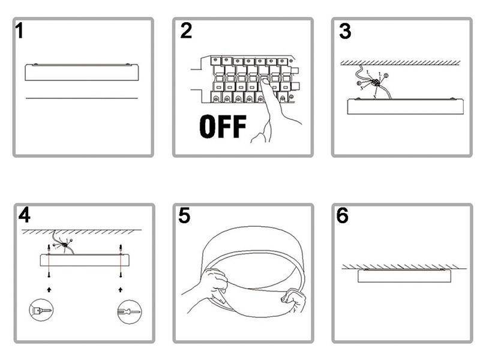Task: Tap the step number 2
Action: pos(186,30)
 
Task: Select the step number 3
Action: pos(345,31)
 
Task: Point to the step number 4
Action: pos(25,214)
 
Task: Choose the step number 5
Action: pos(184,215)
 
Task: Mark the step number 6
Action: pos(343,215)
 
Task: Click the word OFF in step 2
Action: pos(223,126)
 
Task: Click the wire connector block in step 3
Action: pos(375,83)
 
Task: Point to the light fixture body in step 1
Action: pos(82,73)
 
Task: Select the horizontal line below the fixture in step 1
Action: pos(82,98)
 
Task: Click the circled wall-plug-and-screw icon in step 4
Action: pos(41,310)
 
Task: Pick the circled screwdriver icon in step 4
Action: pos(130,311)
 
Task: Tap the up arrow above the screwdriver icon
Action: pos(121,290)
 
